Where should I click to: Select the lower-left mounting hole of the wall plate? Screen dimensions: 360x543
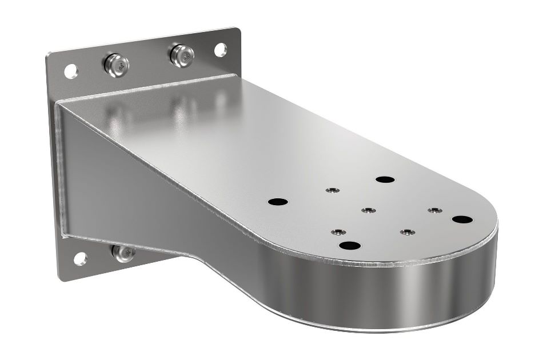tap(80, 258)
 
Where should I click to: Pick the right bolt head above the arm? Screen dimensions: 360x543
tap(182, 54)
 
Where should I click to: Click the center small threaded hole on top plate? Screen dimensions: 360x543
tap(368, 211)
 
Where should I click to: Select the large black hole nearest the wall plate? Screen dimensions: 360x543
tap(278, 202)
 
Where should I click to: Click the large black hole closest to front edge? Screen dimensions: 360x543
tap(350, 246)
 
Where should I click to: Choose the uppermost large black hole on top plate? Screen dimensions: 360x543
tap(386, 179)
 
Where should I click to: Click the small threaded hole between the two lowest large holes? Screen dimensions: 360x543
tap(407, 233)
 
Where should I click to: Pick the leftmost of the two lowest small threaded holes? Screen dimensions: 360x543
tap(339, 232)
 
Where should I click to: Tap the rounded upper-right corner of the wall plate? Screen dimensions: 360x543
tap(235, 31)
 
